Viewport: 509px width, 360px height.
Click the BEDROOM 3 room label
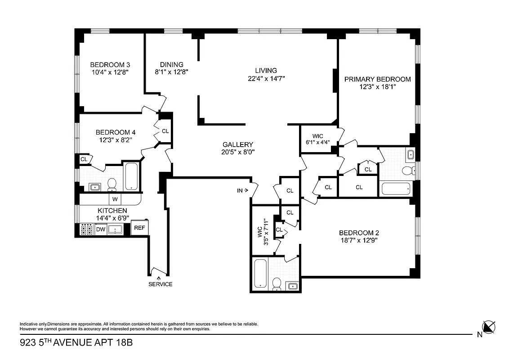pos(110,64)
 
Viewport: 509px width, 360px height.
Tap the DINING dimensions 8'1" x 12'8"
pos(171,71)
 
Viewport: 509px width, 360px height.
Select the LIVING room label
pos(266,70)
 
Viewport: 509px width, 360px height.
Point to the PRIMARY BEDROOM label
pos(377,79)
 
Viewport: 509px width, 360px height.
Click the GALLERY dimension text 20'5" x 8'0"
pos(238,152)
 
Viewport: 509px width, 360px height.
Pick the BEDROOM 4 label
pos(115,132)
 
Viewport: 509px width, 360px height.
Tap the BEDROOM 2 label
pos(358,233)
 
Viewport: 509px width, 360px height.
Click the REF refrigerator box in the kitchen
pos(139,228)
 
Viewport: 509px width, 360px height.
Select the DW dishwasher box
pos(100,229)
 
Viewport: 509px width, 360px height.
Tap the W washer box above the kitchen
pos(115,199)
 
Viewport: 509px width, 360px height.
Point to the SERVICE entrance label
pos(161,284)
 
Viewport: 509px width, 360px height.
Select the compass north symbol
pos(488,327)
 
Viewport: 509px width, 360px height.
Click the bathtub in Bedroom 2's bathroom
pos(261,273)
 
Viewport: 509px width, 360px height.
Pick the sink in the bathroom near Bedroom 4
pos(94,187)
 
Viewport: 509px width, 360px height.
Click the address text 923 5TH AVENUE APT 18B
pos(76,343)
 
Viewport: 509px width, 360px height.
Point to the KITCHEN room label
pos(112,211)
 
